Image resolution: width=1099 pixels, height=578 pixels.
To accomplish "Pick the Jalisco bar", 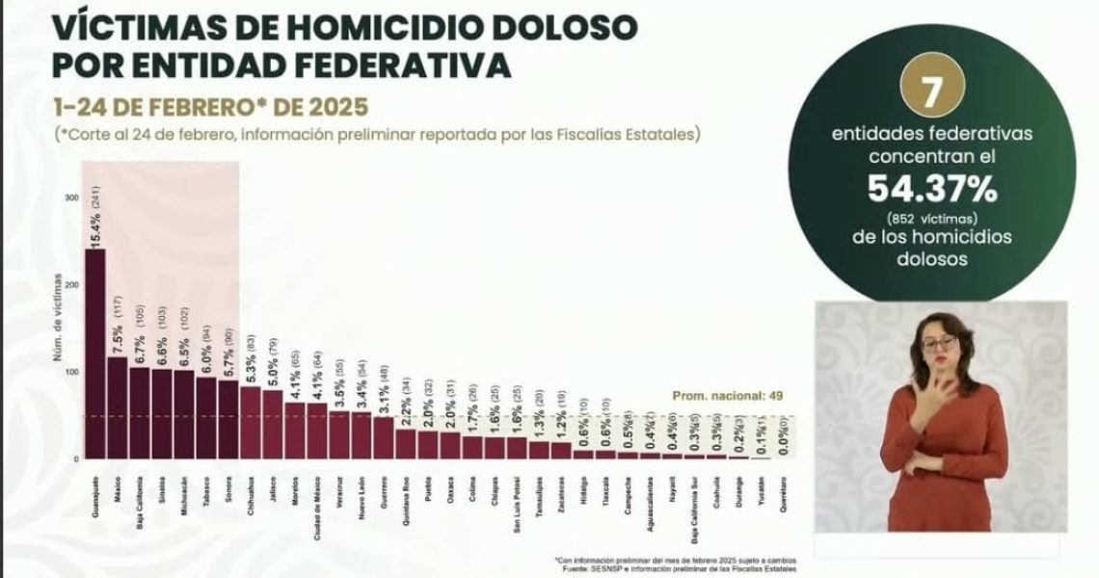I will point(274,423).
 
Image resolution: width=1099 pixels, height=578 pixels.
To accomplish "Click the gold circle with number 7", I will point(931,92).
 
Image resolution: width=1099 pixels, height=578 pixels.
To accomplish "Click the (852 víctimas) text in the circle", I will point(931,218).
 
